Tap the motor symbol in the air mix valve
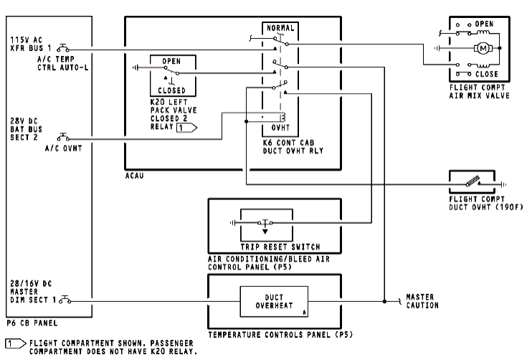point(482,49)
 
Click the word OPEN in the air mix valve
point(484,24)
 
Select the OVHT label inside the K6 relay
point(280,129)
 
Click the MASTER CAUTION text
point(422,300)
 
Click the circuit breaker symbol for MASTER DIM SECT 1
point(66,299)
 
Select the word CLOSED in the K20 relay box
point(171,90)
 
